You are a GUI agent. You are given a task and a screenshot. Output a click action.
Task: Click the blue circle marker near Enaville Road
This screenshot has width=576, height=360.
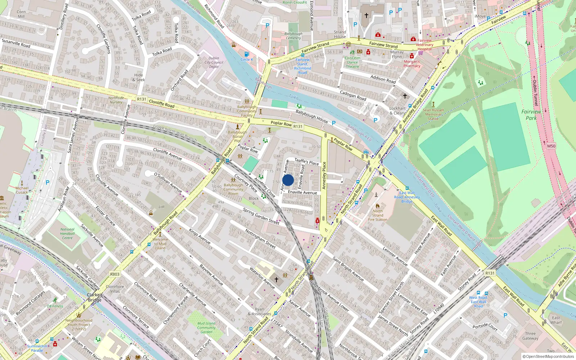tap(288, 180)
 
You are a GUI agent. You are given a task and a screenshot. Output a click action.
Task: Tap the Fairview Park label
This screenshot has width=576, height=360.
tap(531, 115)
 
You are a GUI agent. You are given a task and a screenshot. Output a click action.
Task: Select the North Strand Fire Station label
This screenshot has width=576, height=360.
tap(378, 215)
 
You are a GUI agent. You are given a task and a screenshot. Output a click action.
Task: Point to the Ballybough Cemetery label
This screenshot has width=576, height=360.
tap(293, 36)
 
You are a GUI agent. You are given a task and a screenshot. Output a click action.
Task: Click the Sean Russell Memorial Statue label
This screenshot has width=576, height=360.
tap(433, 114)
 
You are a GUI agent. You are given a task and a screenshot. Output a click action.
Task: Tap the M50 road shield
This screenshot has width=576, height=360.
tap(551, 146)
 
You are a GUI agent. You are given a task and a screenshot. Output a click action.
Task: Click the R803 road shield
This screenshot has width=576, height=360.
tap(114, 274)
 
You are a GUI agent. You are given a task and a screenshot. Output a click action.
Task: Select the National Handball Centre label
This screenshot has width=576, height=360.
tap(67, 234)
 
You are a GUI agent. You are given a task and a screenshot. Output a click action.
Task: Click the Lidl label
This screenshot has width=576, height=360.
tap(161, 207)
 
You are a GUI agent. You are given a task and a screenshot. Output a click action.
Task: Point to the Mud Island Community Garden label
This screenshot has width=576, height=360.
tap(206, 328)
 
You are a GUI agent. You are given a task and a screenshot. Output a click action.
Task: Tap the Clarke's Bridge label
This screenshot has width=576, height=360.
tap(95, 297)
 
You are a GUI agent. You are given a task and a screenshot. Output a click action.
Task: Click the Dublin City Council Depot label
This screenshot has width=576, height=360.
tap(214, 62)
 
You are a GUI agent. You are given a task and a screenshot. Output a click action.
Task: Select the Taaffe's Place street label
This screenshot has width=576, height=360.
tap(307, 162)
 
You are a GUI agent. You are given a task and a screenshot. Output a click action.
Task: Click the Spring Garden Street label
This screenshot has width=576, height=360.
tap(261, 216)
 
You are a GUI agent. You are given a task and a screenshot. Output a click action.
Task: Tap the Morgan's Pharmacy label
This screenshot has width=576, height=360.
tap(412, 64)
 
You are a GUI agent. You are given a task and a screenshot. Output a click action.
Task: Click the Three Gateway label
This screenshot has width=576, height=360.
tap(530, 336)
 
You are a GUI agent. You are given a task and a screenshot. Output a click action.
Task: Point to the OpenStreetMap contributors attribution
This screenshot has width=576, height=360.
tap(548, 356)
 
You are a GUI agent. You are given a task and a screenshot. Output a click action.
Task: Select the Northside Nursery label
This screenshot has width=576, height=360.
tap(116, 100)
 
